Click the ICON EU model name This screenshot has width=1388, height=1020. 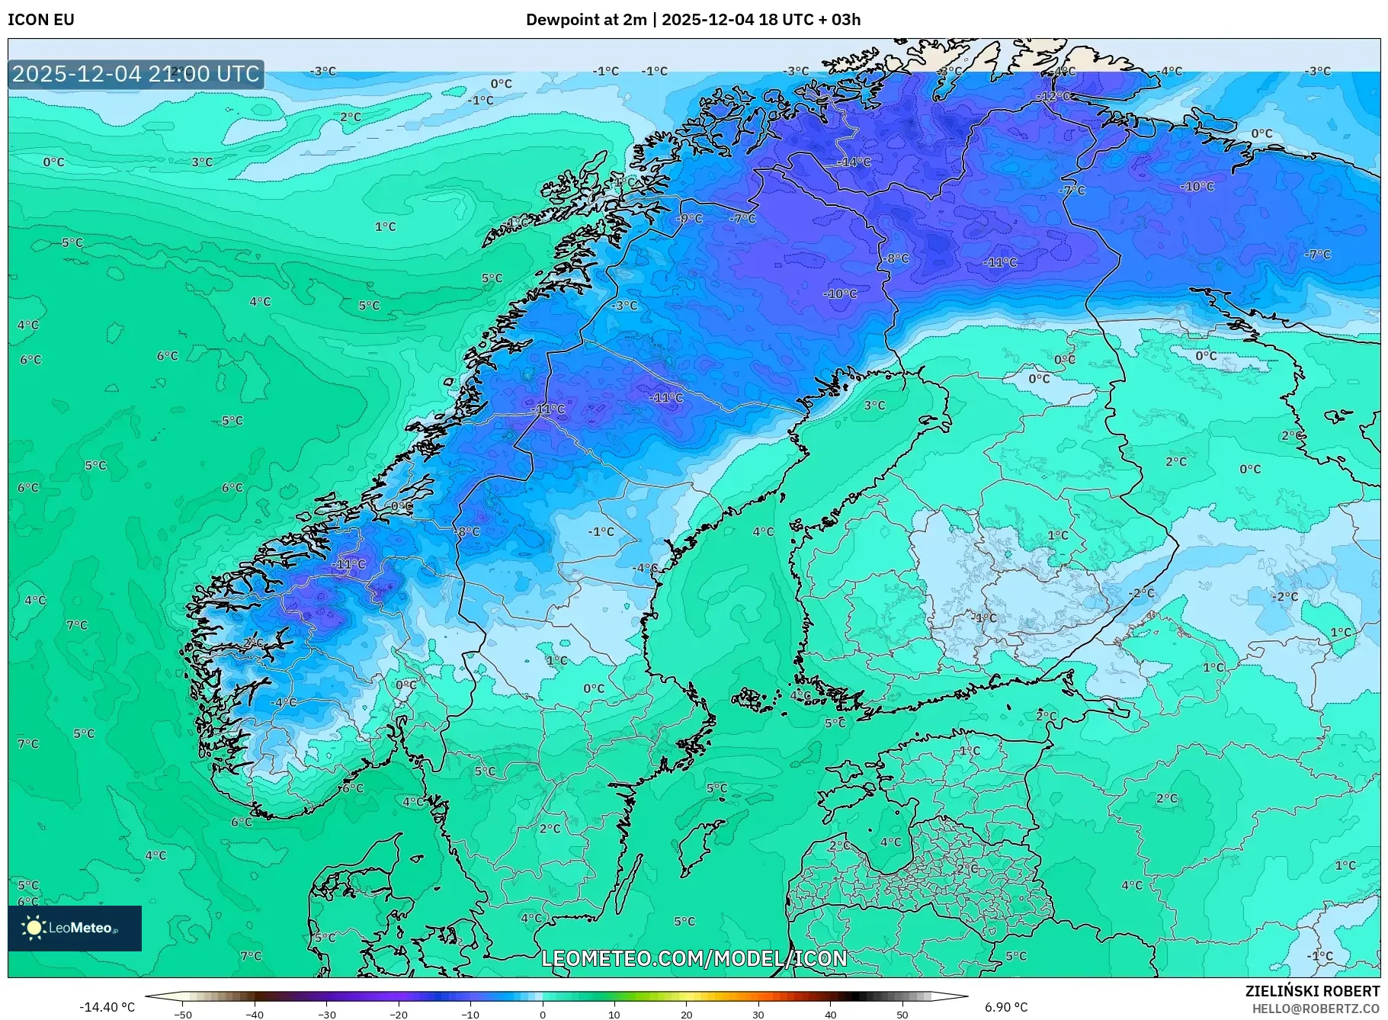pos(41,20)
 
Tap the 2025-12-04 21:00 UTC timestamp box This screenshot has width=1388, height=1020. pos(136,74)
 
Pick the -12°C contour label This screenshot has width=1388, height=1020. pos(1056,97)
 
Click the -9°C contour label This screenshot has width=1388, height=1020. pos(689,219)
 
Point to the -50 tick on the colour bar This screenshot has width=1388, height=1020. pos(183,1014)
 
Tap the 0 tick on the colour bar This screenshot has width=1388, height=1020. pos(543,1014)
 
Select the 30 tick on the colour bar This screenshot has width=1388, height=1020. pos(758,1014)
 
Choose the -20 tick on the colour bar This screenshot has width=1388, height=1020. pos(399,1014)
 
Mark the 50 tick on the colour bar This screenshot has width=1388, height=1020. pos(902,1014)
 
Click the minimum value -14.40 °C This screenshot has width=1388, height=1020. pos(107,1007)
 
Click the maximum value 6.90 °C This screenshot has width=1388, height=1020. pos(1006,1007)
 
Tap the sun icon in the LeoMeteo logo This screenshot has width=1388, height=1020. pos(34,928)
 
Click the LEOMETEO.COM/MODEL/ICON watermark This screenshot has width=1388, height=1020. pos(694,958)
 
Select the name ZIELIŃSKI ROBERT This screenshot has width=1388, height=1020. pos(1312,991)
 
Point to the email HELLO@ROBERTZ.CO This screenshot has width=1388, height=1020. pos(1316,1009)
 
